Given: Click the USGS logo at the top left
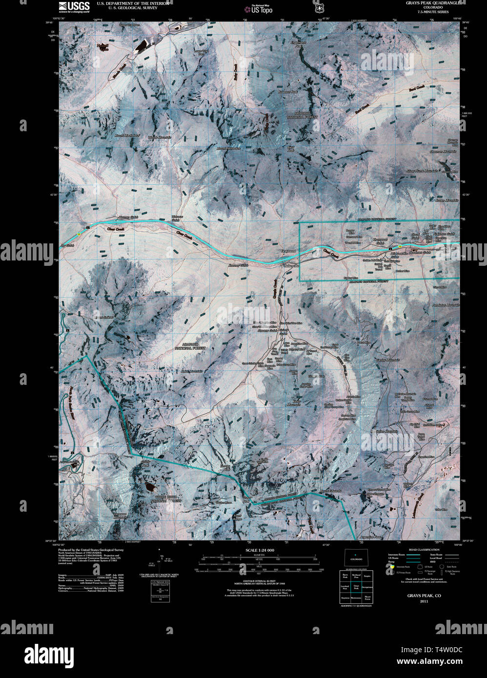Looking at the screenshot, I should point(74,6).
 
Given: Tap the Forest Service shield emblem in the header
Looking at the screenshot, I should point(320,8).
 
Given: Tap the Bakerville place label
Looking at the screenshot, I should point(292,266).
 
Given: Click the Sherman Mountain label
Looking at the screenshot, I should point(443,152).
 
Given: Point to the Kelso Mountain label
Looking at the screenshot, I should point(294,403).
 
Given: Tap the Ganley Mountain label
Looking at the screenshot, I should point(388,360).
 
